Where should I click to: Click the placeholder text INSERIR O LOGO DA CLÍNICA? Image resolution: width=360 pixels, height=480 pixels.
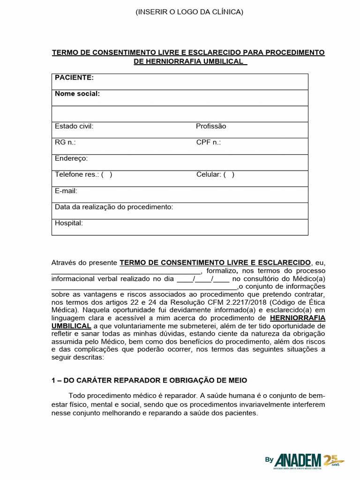(189, 12)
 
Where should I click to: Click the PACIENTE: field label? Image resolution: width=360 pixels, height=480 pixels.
(74, 77)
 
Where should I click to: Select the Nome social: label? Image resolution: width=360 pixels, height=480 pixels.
(77, 94)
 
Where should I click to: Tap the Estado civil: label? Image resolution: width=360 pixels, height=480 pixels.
(74, 126)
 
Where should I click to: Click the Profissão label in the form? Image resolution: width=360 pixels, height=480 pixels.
(211, 126)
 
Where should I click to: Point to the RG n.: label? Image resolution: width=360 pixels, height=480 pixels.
(65, 142)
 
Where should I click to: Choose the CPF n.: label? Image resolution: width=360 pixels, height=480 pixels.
(209, 142)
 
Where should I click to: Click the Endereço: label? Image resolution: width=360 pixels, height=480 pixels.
(71, 158)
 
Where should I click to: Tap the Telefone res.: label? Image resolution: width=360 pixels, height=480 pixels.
(77, 174)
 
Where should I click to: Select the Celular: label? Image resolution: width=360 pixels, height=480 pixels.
(209, 174)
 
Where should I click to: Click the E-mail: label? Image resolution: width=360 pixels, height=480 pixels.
(66, 191)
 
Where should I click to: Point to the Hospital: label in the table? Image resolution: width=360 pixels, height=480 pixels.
(69, 223)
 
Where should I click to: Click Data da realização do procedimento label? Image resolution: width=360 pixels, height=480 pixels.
(114, 207)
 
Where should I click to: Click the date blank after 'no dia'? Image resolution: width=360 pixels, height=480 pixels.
(202, 278)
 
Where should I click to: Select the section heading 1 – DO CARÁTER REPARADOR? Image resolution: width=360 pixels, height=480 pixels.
(149, 380)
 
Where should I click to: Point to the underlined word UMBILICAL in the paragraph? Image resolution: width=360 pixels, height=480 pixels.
(71, 326)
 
